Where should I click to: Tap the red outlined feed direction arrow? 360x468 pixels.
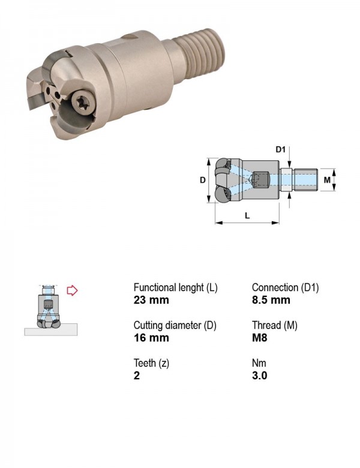click(72, 290)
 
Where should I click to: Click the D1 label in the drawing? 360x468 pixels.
click(280, 149)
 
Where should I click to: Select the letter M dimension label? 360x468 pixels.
click(327, 179)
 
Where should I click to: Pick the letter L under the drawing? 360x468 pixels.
click(247, 215)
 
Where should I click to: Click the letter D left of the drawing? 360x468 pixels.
click(203, 179)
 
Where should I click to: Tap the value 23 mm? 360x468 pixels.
click(151, 299)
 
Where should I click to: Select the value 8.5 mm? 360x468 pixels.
click(271, 299)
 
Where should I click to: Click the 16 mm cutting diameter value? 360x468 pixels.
click(151, 338)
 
